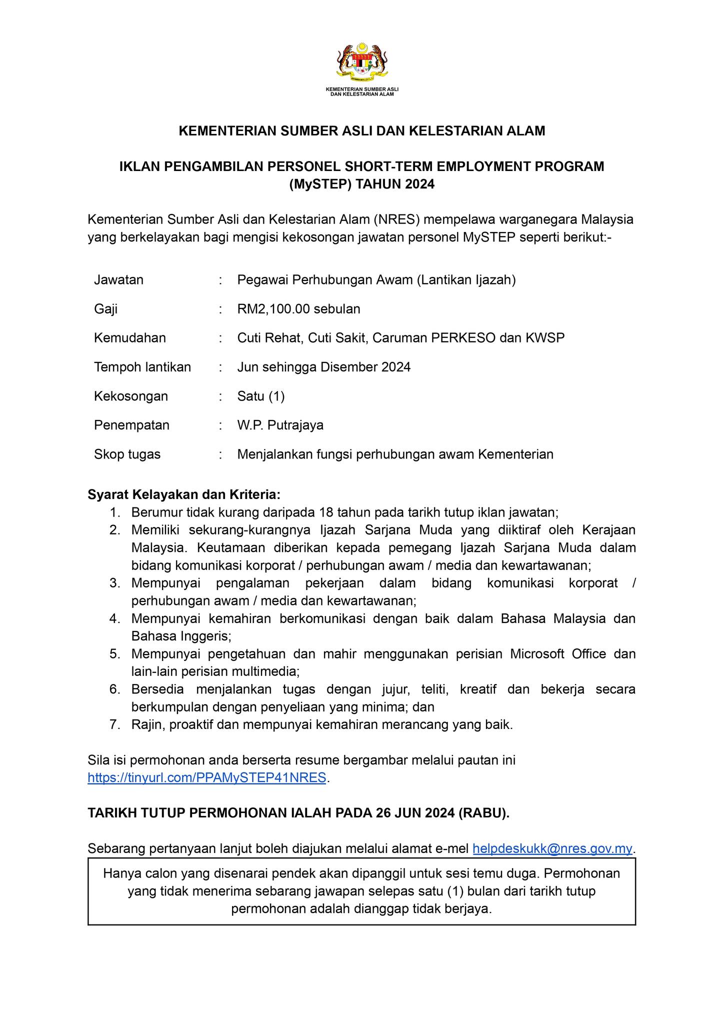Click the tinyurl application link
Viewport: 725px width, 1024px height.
click(206, 777)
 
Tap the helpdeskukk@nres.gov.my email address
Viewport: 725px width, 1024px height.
click(552, 848)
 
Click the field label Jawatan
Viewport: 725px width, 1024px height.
click(118, 280)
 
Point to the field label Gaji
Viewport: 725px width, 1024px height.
click(105, 309)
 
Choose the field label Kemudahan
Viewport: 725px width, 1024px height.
click(129, 338)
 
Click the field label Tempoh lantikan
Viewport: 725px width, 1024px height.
click(142, 367)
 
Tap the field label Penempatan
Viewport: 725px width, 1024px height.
click(131, 425)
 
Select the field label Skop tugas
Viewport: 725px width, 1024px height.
click(127, 454)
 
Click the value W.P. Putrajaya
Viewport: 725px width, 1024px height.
click(280, 425)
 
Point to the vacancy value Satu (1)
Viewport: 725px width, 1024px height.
click(260, 396)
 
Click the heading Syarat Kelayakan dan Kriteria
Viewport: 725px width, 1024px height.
click(184, 494)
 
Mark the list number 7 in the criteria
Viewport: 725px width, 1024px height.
click(114, 724)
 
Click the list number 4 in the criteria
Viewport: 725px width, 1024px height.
click(114, 618)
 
